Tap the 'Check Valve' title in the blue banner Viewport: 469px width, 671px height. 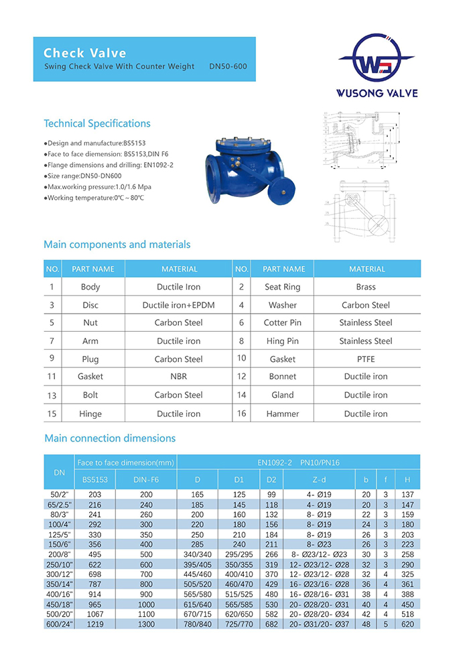tap(84, 53)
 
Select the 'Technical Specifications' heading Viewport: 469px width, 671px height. tap(97, 123)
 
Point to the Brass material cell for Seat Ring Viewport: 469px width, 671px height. tap(366, 287)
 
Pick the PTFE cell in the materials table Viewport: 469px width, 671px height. tap(366, 359)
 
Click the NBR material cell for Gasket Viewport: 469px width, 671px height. tap(178, 377)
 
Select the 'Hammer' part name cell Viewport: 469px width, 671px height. tap(282, 414)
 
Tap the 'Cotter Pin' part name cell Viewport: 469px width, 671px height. tap(282, 323)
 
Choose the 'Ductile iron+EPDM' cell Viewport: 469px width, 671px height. tap(178, 305)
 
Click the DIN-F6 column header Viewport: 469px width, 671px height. tap(145, 480)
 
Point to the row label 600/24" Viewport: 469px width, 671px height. tap(58, 624)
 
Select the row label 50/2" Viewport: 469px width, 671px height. tap(58, 494)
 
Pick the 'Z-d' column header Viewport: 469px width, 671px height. tap(319, 480)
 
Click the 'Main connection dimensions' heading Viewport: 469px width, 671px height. tap(110, 438)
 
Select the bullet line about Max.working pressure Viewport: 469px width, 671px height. tap(92, 186)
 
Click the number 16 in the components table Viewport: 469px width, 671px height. tap(241, 414)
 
